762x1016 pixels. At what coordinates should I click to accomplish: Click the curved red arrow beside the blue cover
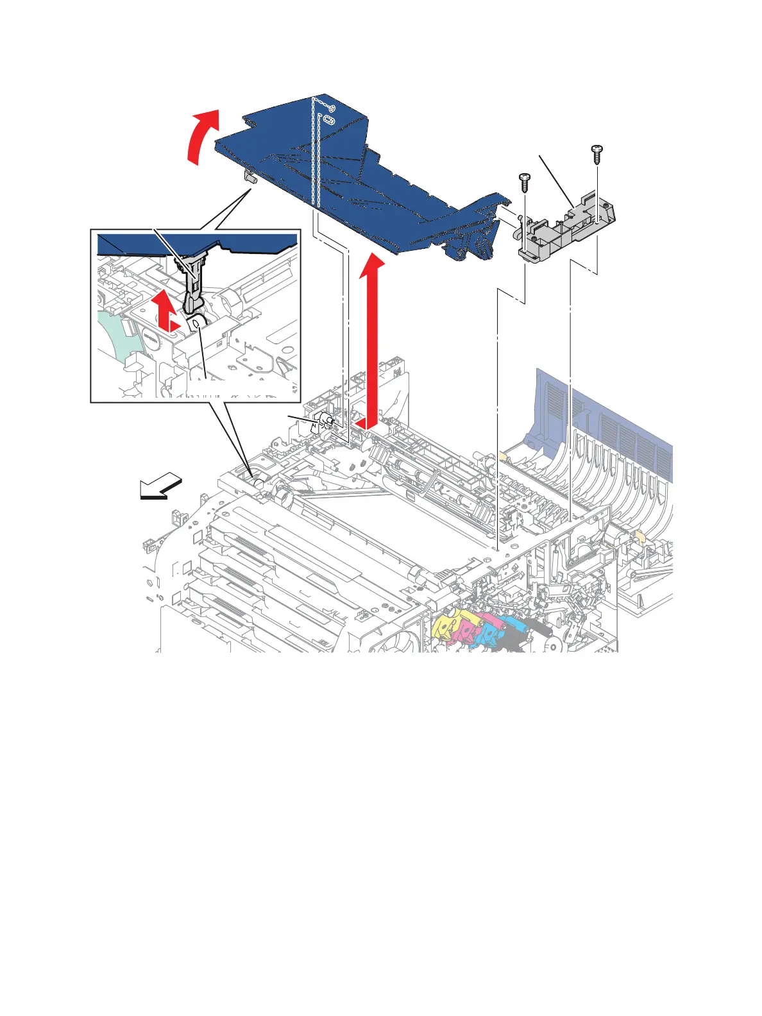pos(200,138)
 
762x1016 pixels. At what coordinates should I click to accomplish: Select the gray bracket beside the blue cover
pos(564,224)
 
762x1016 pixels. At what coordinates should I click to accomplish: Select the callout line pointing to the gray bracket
pos(555,180)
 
